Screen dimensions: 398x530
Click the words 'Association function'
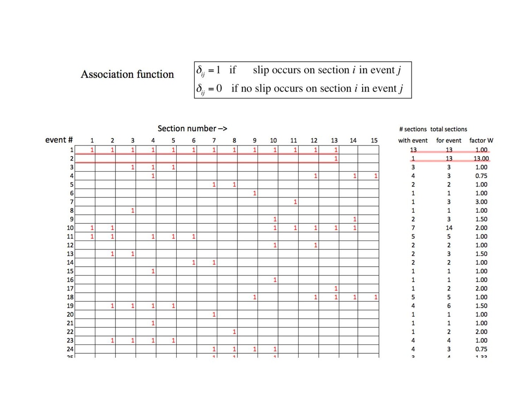127,74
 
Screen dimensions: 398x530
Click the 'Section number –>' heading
192,129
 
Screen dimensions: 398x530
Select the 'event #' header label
59,140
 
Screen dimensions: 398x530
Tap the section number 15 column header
374,141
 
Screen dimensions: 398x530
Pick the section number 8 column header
235,141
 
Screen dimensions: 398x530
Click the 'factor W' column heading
481,141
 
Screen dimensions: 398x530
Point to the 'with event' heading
413,141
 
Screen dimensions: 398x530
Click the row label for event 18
69,297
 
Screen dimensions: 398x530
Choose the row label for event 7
71,202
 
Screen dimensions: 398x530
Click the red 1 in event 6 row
255,193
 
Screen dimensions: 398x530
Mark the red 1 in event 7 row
295,202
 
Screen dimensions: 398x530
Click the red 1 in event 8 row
132,210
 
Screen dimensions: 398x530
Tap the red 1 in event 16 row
275,280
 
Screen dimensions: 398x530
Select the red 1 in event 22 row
235,332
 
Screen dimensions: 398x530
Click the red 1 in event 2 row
336,158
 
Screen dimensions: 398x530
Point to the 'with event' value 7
413,228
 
